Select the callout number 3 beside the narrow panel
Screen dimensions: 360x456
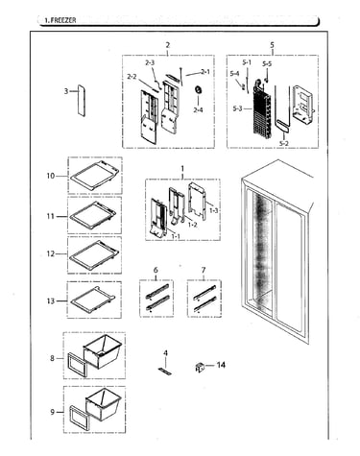(x=66, y=91)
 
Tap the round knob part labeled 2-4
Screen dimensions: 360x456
(x=199, y=90)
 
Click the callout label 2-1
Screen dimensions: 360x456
(x=205, y=72)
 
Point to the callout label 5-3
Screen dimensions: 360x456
(x=238, y=108)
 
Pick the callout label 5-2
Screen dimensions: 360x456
(x=283, y=144)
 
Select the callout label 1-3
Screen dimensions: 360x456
(x=213, y=210)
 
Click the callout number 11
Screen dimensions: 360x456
(x=51, y=216)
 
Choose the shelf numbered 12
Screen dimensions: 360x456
(x=94, y=253)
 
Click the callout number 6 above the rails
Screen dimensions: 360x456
(x=156, y=270)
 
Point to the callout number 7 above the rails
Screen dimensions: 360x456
(x=204, y=270)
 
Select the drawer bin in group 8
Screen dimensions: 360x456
(x=103, y=351)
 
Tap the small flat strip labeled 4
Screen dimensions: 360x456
(x=165, y=372)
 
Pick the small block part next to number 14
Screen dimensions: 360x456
(x=200, y=367)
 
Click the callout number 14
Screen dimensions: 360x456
(x=221, y=365)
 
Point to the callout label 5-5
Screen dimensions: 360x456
(x=267, y=64)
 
